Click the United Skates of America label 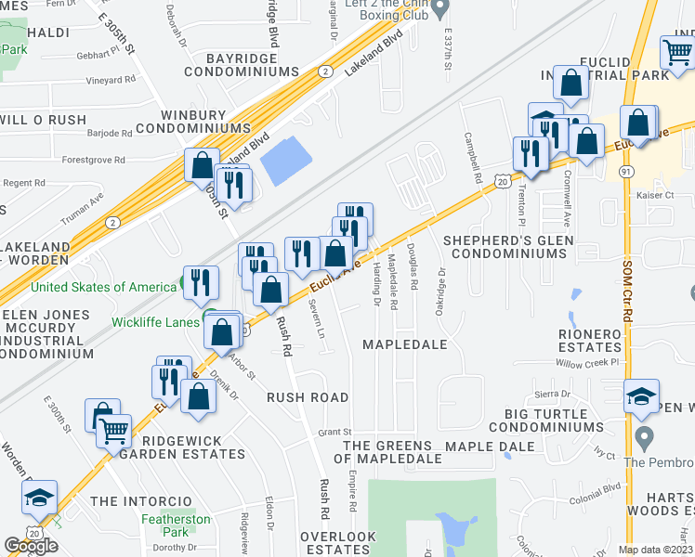tap(102, 287)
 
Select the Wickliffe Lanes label tap(155, 322)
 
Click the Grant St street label tap(334, 432)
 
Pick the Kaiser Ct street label tap(654, 195)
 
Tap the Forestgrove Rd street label tap(93, 160)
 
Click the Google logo tap(32, 546)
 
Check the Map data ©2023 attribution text tap(655, 550)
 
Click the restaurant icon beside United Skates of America tap(201, 281)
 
